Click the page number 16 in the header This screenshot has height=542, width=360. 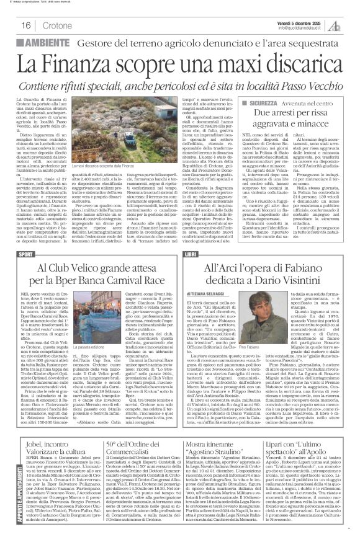pos(27,25)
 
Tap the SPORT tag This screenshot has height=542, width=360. pos(25,255)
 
